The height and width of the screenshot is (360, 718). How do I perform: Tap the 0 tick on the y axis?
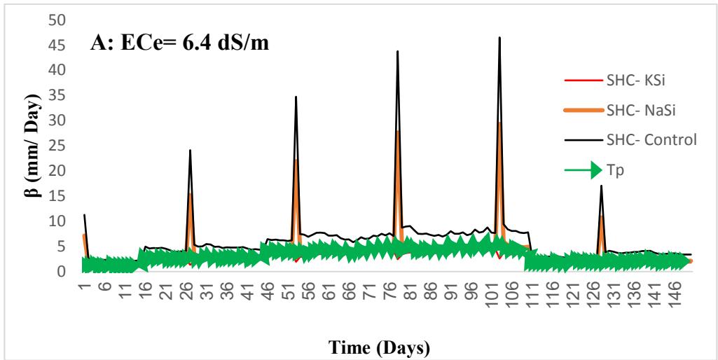[x=62, y=272]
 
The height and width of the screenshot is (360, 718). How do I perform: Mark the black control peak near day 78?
[x=397, y=51]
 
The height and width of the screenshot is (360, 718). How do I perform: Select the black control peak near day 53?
[x=296, y=97]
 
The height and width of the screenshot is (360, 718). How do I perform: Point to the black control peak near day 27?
[x=190, y=150]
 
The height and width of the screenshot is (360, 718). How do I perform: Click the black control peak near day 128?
[x=601, y=186]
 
